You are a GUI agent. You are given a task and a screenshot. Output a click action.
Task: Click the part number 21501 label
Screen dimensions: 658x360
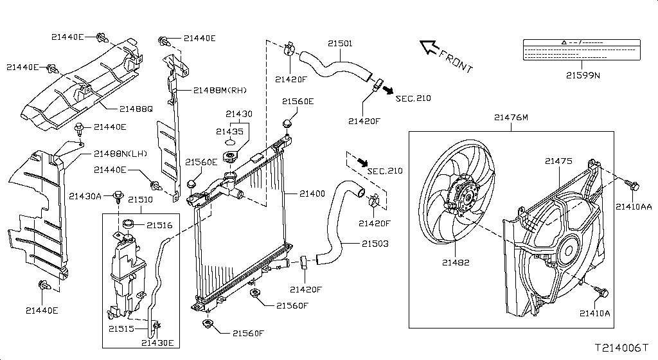(x=340, y=44)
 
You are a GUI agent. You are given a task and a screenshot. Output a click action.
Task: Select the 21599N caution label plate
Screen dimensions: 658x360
(x=582, y=50)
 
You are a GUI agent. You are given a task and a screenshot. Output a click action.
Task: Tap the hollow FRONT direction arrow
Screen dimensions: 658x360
(x=429, y=46)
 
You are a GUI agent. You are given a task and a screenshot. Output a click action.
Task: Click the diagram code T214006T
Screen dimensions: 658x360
(x=622, y=348)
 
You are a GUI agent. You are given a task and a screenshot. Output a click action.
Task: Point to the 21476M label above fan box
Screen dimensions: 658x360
(x=511, y=118)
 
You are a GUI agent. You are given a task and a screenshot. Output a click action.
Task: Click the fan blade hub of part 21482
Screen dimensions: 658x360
(x=466, y=197)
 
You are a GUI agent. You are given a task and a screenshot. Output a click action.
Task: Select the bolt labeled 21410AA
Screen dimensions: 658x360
(x=631, y=185)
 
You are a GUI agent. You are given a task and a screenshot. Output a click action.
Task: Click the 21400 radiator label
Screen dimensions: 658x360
(x=312, y=194)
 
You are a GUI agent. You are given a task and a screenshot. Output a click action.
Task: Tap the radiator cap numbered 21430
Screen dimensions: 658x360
(x=229, y=158)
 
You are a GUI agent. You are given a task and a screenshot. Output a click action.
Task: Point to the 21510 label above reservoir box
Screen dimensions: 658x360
(x=140, y=200)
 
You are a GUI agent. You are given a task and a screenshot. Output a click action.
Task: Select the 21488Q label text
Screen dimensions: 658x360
(x=136, y=109)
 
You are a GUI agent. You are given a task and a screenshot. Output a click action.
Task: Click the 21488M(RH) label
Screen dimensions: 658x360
(x=220, y=90)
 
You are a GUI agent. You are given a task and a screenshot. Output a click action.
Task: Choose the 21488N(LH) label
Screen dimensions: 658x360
(x=120, y=154)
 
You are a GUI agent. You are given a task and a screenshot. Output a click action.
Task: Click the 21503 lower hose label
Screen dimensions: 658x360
(x=375, y=244)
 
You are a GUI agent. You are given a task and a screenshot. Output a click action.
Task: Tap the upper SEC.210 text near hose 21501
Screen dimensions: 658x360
(x=413, y=98)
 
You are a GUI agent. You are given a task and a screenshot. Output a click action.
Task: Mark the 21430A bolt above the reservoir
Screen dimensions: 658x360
(x=119, y=195)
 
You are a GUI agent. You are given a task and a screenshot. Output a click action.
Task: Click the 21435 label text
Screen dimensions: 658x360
(x=229, y=132)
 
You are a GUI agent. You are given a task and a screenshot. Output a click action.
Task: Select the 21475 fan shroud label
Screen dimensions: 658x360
(x=558, y=161)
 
